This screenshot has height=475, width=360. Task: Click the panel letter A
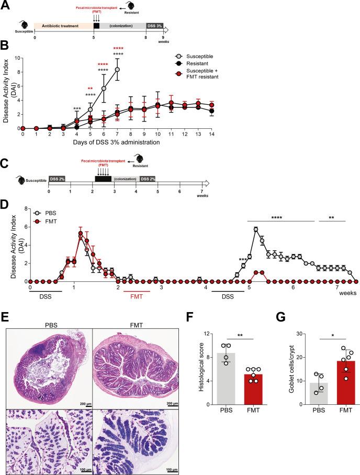coord(5,5)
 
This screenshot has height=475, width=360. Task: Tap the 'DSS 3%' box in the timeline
coord(154,25)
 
